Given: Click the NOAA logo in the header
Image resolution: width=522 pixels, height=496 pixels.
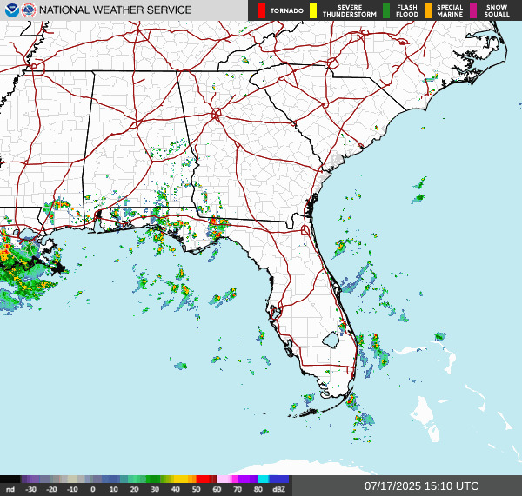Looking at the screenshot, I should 11,10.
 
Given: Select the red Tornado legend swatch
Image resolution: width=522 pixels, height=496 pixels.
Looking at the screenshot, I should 262,10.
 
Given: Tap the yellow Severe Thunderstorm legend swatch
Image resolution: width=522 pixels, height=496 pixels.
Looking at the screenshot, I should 312,10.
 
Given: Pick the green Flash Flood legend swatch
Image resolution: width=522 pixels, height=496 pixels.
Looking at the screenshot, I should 386,10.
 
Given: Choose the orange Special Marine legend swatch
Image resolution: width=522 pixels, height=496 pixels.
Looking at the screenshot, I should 427,10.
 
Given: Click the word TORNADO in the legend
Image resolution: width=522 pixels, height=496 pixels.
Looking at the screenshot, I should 287,11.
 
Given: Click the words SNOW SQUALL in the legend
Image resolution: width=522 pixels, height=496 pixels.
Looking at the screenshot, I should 497,10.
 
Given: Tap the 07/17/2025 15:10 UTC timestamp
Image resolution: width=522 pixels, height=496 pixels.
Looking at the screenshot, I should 421,486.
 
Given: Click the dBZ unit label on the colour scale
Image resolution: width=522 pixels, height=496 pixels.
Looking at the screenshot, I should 278,489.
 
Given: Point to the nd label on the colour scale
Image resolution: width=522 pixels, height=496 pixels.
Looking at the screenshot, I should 10,489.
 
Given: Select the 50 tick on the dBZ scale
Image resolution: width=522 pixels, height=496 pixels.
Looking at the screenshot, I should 197,489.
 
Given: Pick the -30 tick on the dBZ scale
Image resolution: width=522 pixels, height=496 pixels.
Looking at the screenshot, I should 30,489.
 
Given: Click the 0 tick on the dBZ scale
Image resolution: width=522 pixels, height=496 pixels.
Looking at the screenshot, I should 93,489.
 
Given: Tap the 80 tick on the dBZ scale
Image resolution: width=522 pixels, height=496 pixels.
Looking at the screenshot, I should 258,489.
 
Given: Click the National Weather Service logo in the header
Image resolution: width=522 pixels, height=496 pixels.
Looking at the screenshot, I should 30,10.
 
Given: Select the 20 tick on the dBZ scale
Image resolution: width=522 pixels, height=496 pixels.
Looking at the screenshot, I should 134,489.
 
